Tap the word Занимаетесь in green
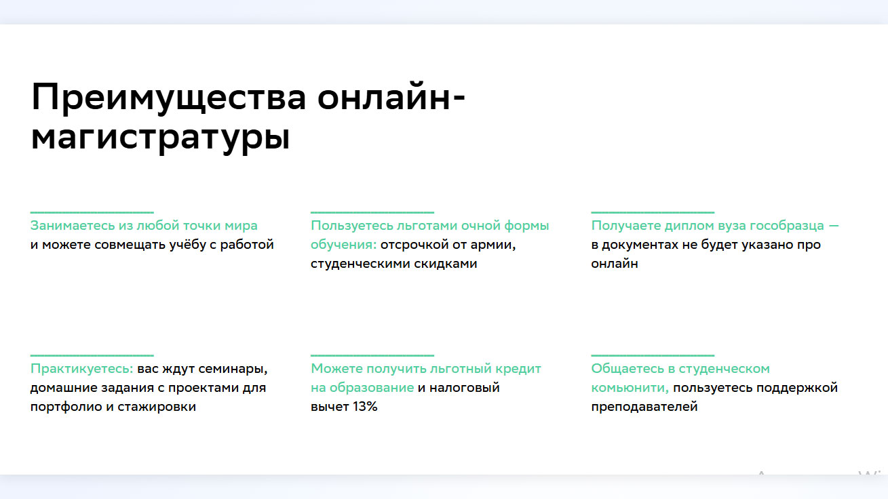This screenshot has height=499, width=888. pyautogui.click(x=73, y=226)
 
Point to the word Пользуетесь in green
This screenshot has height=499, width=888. pyautogui.click(x=351, y=226)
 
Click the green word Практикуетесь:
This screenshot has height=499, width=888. pyautogui.click(x=81, y=369)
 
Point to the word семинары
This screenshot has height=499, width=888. pyautogui.click(x=233, y=369)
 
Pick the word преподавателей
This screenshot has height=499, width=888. pyautogui.click(x=644, y=407)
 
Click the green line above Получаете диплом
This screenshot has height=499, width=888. pyautogui.click(x=653, y=212)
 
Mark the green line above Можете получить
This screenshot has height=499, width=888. pyautogui.click(x=372, y=355)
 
